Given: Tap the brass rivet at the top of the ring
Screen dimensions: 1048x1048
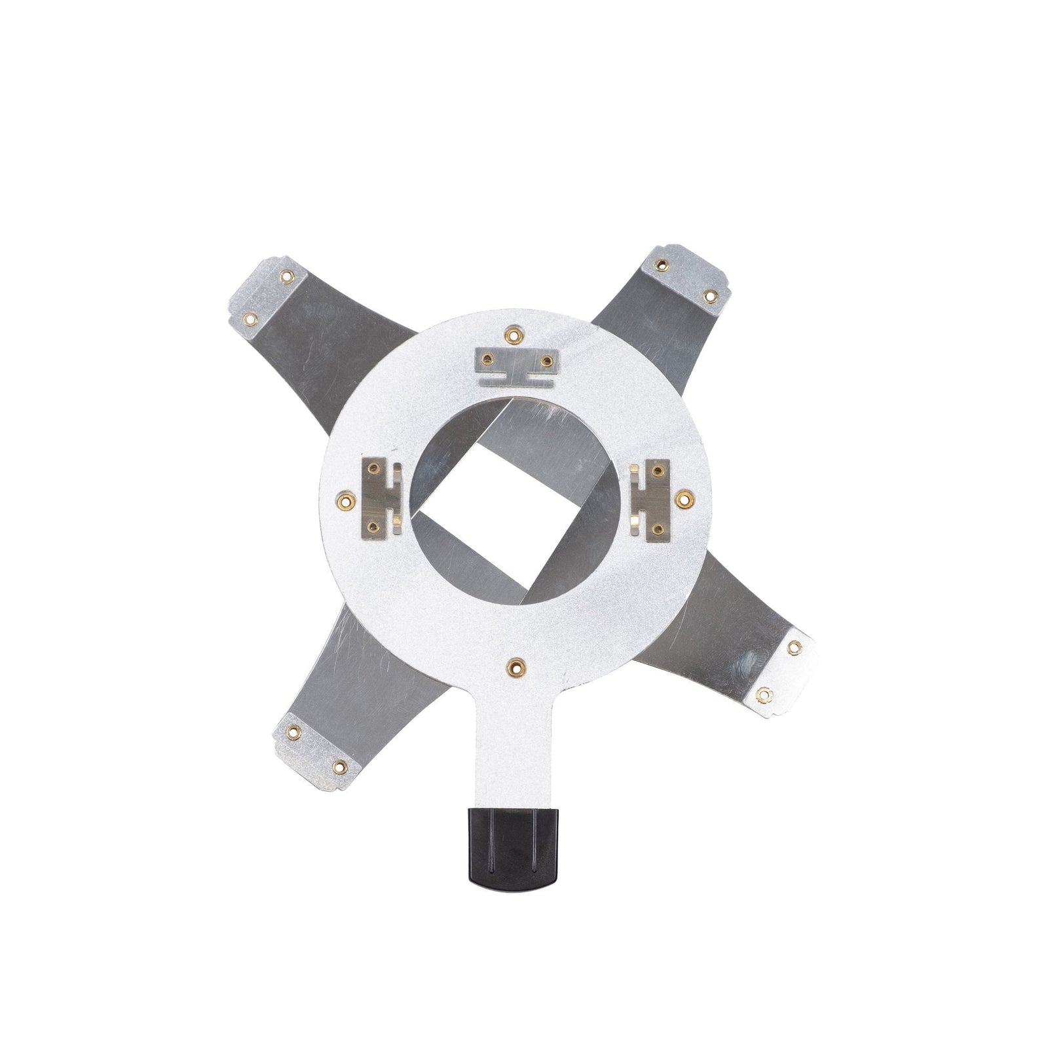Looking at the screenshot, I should pyautogui.click(x=513, y=335).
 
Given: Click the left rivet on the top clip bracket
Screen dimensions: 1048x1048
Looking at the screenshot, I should pyautogui.click(x=487, y=358).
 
